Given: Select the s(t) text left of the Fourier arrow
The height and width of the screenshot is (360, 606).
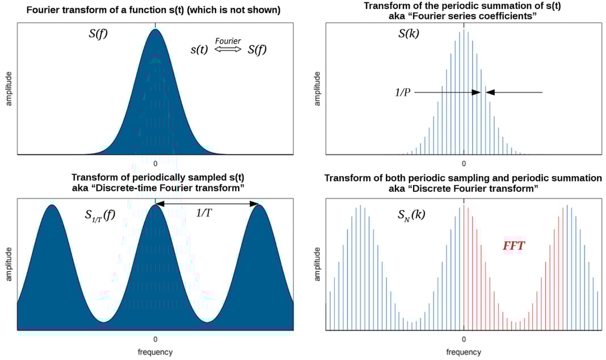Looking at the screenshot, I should coord(200,49).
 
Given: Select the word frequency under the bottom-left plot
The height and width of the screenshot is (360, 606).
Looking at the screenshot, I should coord(155,352).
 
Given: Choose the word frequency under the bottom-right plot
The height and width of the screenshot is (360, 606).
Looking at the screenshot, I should coord(464,352).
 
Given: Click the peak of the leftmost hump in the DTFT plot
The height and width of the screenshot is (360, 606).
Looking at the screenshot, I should coord(52,206).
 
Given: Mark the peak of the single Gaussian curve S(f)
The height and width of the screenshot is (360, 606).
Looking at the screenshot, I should coord(155,29).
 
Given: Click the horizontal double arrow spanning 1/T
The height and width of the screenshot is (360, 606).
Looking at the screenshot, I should coord(208,203).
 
